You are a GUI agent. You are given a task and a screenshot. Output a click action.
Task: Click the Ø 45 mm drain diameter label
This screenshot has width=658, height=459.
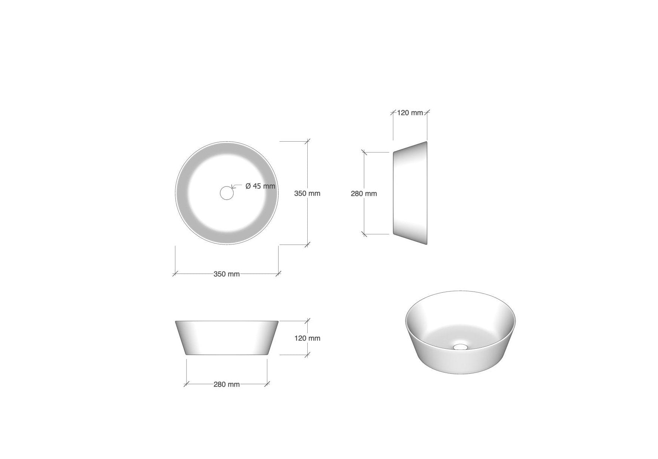[260, 186]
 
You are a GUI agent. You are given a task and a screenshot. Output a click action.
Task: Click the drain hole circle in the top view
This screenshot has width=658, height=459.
[227, 193]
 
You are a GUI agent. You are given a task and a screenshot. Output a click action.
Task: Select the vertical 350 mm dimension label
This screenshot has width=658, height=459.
[307, 194]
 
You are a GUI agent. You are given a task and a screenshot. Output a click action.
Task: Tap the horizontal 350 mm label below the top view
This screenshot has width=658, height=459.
[227, 274]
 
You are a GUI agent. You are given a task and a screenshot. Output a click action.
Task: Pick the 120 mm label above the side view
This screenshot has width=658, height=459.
[410, 113]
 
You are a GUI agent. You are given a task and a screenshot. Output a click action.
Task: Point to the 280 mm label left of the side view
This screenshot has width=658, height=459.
[364, 194]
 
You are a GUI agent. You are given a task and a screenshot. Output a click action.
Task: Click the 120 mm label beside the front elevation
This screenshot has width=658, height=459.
[307, 338]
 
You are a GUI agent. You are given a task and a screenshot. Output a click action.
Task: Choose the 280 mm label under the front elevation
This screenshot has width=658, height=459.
[227, 384]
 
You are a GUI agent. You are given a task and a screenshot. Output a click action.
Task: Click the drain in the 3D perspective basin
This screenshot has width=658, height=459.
[461, 346]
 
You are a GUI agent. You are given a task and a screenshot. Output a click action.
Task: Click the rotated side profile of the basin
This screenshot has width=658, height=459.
[411, 193]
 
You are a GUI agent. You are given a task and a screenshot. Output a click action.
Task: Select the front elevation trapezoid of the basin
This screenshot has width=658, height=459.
[227, 338]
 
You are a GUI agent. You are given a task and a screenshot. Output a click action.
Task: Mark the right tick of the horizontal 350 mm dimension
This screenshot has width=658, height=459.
[278, 274]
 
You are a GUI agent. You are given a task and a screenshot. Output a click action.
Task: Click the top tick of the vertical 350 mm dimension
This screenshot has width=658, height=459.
[307, 141]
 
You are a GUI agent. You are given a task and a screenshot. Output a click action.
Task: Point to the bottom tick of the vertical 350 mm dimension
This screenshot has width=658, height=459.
[307, 245]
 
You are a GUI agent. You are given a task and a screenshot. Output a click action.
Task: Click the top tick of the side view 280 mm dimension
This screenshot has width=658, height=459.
[364, 152]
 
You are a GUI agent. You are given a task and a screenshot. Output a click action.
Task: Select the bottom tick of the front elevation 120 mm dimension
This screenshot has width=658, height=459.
[307, 355]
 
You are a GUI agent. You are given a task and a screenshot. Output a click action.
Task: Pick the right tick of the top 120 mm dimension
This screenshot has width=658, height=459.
[427, 112]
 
